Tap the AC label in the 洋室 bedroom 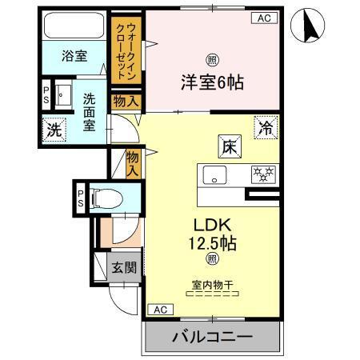262,18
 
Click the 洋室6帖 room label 211,80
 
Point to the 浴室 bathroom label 75,58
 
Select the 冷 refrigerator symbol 266,126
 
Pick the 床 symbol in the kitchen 227,146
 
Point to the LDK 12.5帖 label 211,233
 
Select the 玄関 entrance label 123,266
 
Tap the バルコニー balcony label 212,337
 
